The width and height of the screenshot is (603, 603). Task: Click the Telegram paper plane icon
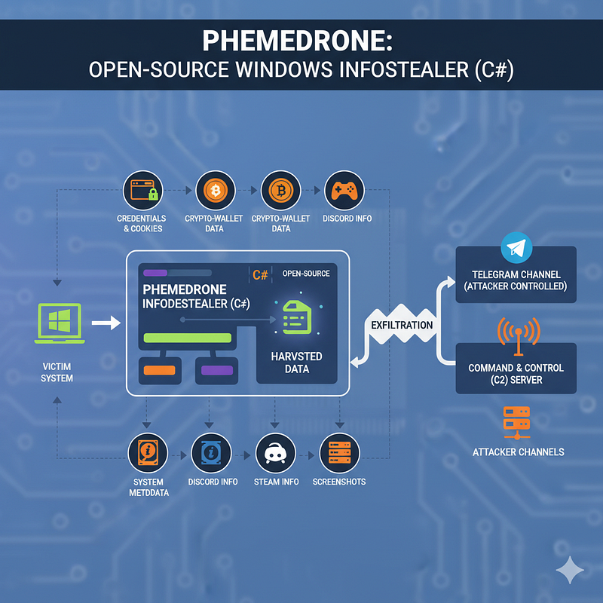coord(516,248)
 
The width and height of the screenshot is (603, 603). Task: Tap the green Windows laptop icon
coord(60,323)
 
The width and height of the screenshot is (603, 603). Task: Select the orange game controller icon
coord(344,191)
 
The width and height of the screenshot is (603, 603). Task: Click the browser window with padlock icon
coord(144,191)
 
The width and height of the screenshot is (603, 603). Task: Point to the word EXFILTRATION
coord(402,325)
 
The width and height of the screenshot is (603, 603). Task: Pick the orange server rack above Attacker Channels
coord(517,423)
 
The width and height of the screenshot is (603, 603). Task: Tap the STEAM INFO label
coord(276,482)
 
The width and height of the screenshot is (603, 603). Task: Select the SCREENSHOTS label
coord(338,482)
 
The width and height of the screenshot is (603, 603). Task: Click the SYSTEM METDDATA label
coord(148,487)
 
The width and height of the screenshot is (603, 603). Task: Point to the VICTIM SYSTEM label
coord(57,372)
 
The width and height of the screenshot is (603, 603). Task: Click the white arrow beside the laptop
coord(106,323)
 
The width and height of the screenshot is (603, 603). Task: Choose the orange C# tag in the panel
coord(260,275)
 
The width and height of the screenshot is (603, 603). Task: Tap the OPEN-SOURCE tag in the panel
coord(306,274)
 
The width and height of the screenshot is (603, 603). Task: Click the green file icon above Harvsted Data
coord(297,317)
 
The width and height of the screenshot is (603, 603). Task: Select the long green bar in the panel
coord(187,338)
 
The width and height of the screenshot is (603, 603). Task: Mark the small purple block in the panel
coord(217,370)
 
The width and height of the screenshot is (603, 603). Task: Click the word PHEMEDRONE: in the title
coord(297,41)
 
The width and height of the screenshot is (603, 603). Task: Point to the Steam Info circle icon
coord(275,453)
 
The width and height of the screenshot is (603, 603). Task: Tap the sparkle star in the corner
coord(570,570)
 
